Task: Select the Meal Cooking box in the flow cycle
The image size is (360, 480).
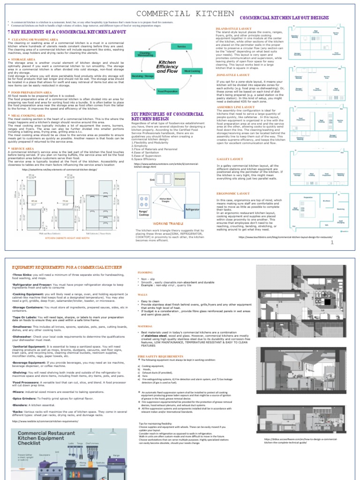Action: click(x=192, y=70)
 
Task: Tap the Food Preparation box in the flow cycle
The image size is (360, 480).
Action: click(x=167, y=91)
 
